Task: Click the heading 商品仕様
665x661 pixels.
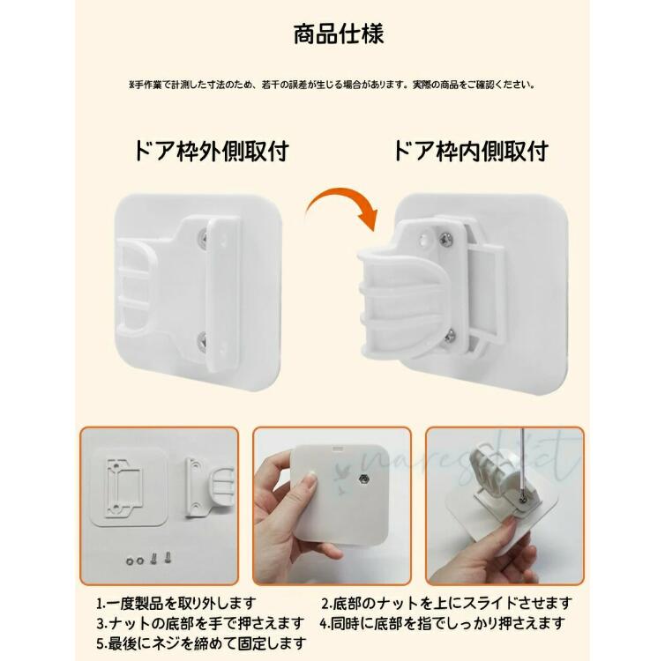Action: click(339, 33)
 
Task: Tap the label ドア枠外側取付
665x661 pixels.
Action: click(211, 152)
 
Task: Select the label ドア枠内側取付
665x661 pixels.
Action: click(471, 152)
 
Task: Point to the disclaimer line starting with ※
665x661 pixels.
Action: click(332, 85)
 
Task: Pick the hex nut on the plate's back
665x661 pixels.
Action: click(363, 479)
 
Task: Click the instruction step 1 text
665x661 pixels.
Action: click(176, 602)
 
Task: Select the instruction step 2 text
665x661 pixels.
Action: click(446, 602)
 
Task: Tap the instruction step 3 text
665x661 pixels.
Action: click(200, 623)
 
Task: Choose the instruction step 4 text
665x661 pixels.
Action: click(443, 623)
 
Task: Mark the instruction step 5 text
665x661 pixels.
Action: click(201, 643)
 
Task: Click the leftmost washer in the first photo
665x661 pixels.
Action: click(130, 561)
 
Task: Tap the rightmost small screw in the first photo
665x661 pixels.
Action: click(168, 556)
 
